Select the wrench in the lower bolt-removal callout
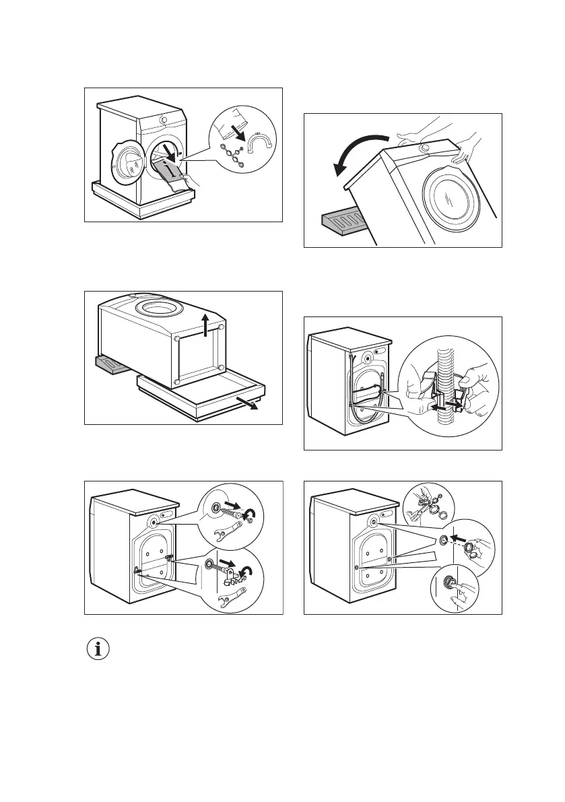pos(230,595)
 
